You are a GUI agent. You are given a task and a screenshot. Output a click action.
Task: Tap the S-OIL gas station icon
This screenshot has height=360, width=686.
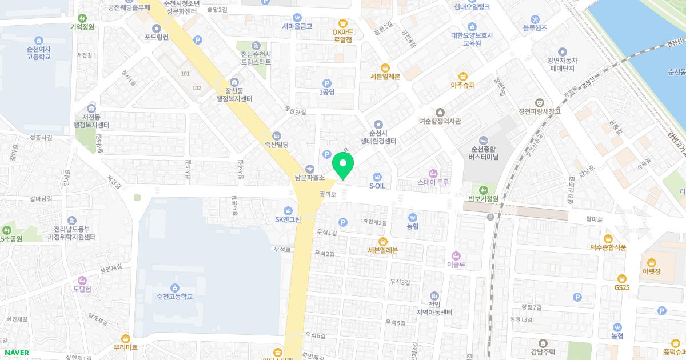(x=377, y=176)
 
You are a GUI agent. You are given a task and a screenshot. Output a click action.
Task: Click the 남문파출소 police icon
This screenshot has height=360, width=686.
(x=310, y=168)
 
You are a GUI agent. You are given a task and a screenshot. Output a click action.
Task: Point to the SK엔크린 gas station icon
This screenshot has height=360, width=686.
(x=288, y=210)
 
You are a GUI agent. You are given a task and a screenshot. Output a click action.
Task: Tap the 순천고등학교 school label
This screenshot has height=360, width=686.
(x=174, y=297)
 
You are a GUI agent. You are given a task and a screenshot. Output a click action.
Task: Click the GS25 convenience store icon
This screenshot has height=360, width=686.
(x=623, y=278)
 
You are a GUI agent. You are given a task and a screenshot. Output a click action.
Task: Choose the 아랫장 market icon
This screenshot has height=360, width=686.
(x=651, y=261)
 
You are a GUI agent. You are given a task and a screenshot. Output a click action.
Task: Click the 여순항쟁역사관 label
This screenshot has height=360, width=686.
(x=440, y=121)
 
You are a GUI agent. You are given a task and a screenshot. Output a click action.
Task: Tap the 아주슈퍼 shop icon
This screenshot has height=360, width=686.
(x=463, y=76)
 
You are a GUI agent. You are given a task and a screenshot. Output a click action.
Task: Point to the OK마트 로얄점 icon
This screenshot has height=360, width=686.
(x=342, y=23)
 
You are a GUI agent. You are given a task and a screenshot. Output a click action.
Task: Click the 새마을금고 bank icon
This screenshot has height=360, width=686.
(x=297, y=17)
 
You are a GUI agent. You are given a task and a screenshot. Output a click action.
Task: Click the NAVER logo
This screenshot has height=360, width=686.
(x=15, y=353)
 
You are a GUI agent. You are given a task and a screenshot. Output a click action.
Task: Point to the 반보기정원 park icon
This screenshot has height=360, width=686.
(x=484, y=189)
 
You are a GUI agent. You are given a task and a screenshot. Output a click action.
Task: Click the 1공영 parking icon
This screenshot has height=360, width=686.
(x=326, y=83)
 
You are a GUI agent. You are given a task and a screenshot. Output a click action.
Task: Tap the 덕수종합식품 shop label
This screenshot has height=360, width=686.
(x=608, y=247)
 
